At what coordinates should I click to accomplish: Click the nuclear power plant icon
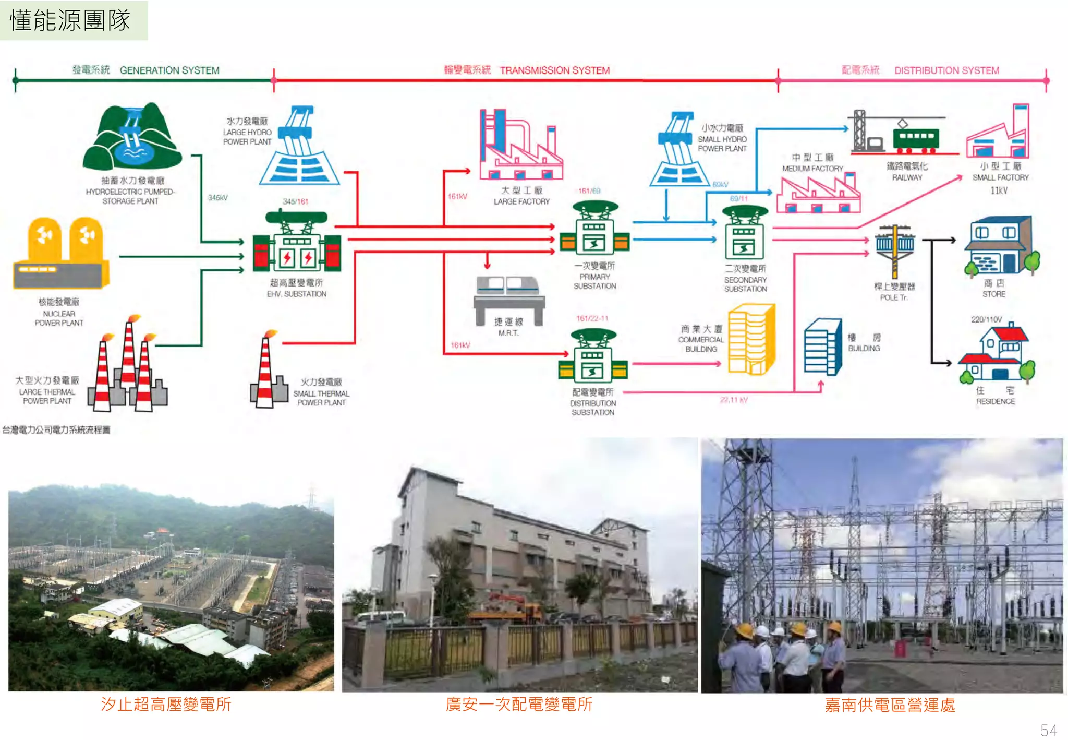point(61,254)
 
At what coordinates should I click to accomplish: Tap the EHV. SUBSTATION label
point(296,294)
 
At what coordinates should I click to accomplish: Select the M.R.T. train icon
point(509,292)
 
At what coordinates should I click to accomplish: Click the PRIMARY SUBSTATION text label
point(594,281)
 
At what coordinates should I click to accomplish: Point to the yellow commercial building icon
point(751,339)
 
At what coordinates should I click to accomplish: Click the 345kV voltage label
point(217,198)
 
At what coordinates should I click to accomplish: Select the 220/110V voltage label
point(986,319)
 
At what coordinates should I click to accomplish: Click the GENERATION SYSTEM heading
point(169,70)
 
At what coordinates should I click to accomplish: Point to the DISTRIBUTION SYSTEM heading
point(946,70)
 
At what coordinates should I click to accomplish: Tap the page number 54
point(1048,730)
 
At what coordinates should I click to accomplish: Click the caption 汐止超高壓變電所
point(166,705)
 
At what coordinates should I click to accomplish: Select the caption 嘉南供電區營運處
point(890,705)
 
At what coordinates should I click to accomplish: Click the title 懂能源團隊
point(70,20)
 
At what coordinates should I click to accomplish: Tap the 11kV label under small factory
point(999,190)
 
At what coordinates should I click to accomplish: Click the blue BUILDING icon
point(822,347)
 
